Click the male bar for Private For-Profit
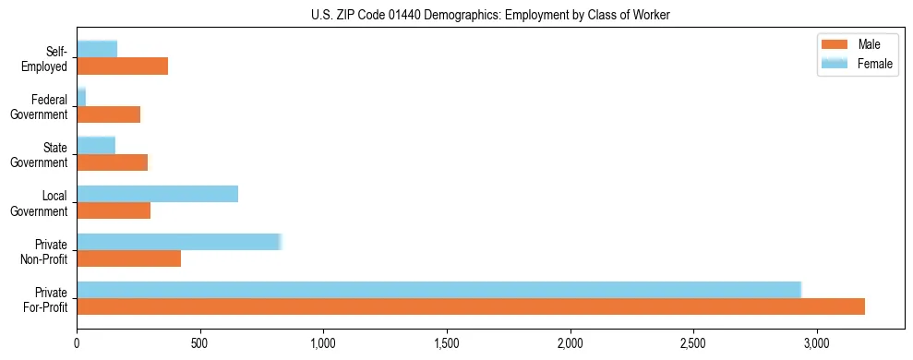pyautogui.click(x=471, y=306)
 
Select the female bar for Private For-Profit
pyautogui.click(x=438, y=289)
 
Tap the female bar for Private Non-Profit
pyautogui.click(x=179, y=241)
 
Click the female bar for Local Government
pyautogui.click(x=158, y=193)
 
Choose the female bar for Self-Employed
pyautogui.click(x=97, y=49)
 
